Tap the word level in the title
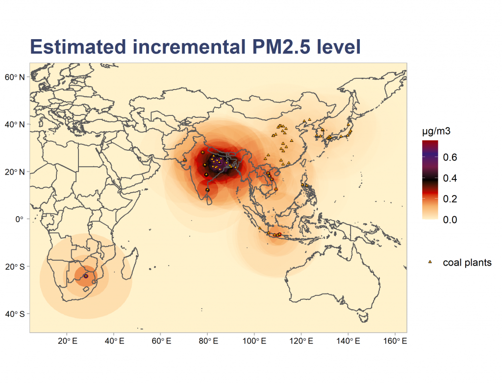click(x=339, y=47)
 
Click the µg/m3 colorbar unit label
click(x=436, y=132)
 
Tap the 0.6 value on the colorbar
click(x=450, y=158)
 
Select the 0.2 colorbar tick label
click(x=450, y=199)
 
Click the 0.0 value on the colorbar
click(x=450, y=220)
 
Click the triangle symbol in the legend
click(x=430, y=263)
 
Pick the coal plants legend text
click(x=467, y=263)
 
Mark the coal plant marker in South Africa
click(x=86, y=276)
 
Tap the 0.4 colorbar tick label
click(x=450, y=179)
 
